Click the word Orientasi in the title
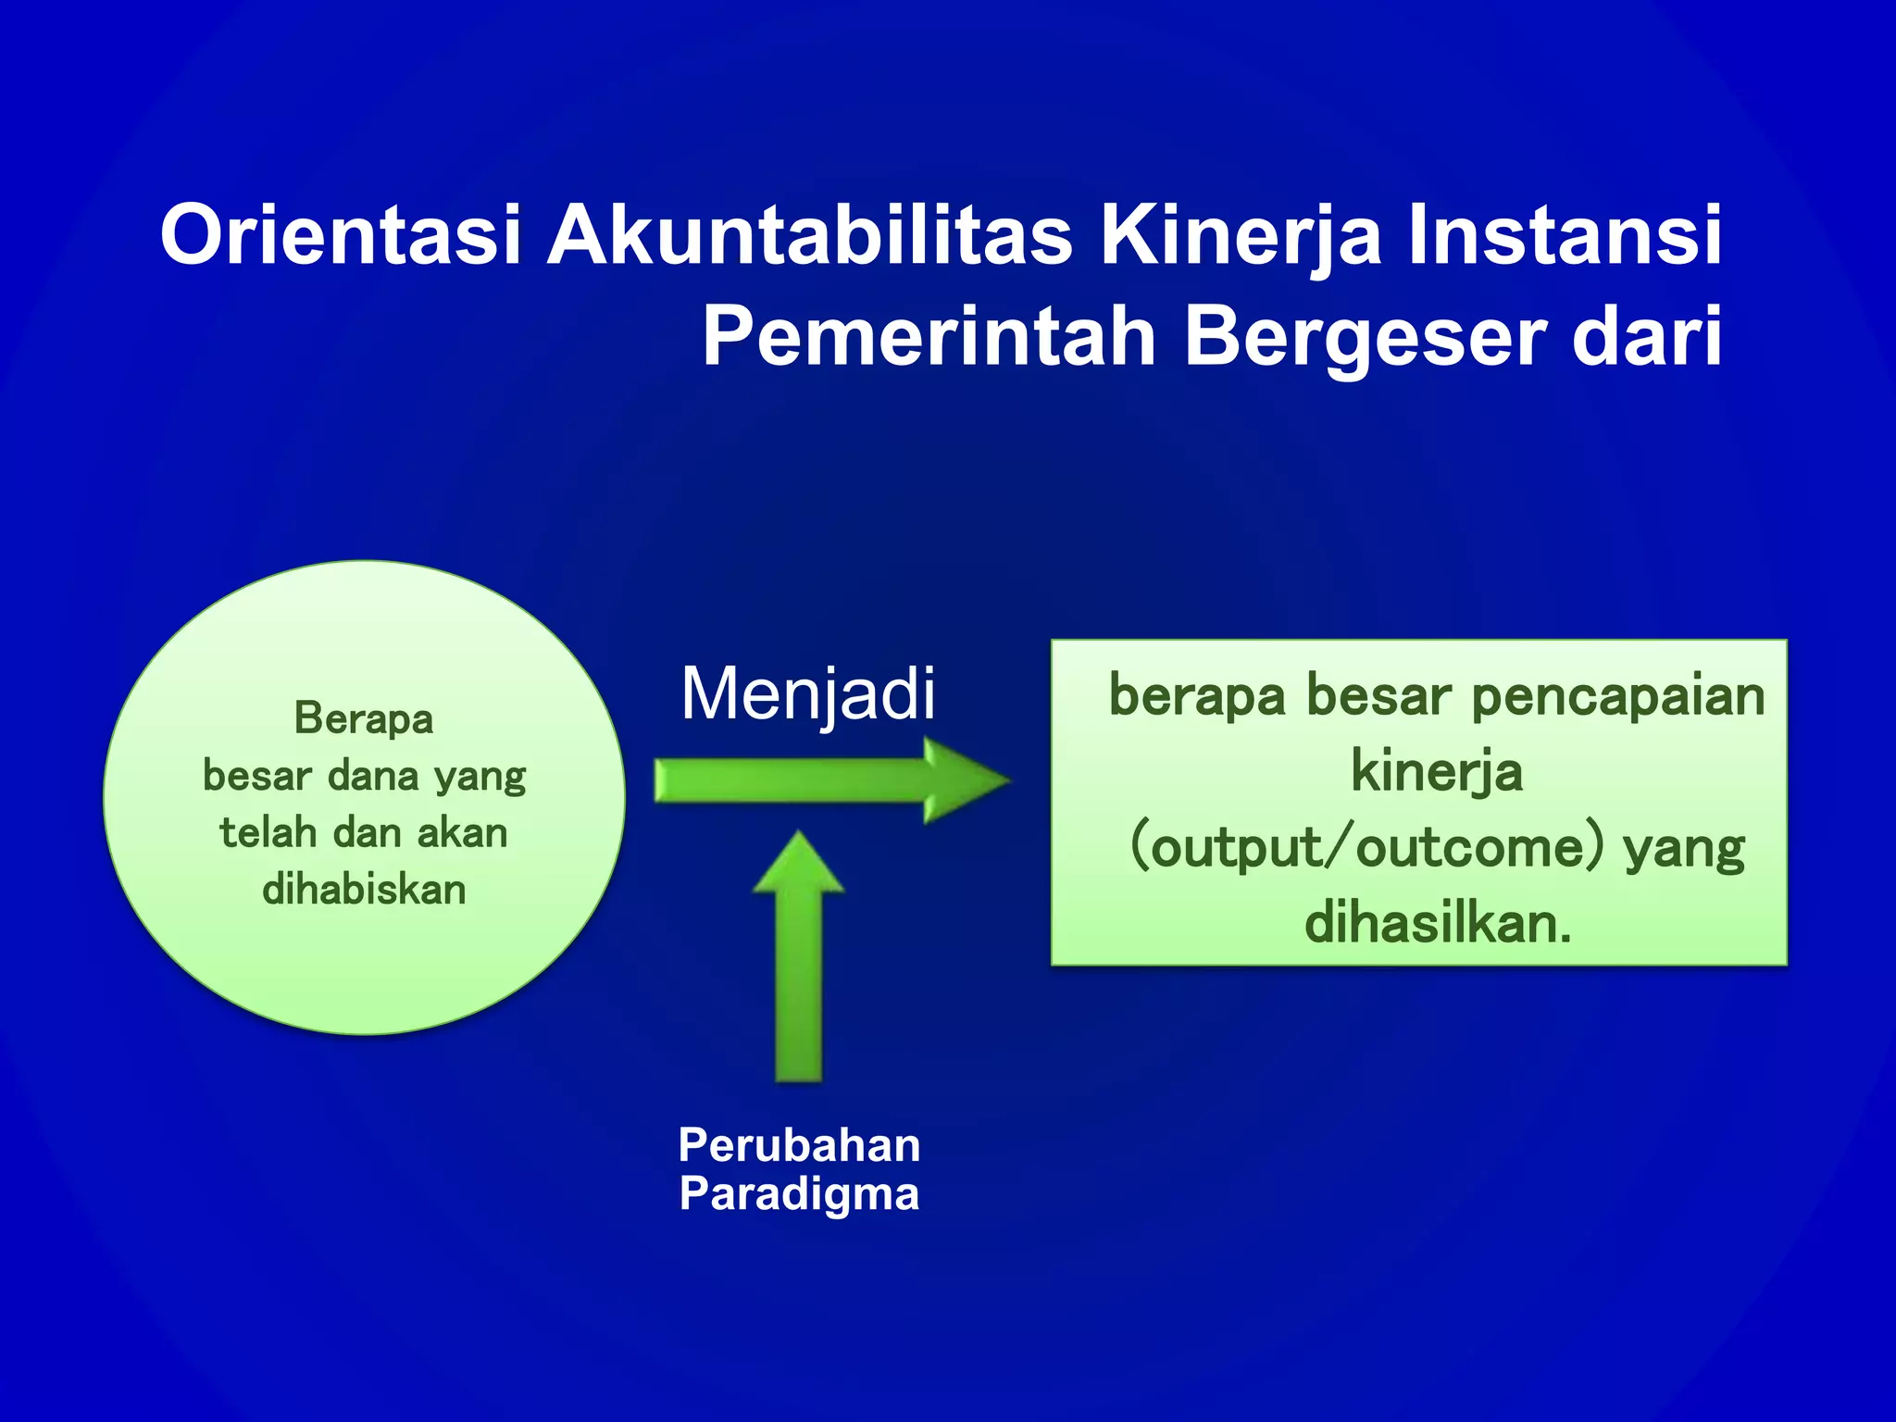[341, 236]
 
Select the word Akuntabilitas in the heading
[810, 236]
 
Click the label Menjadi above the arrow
[807, 694]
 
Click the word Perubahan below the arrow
[799, 1145]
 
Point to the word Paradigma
[799, 1194]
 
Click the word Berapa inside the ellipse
[364, 719]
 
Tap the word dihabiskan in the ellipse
[364, 890]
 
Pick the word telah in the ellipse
[268, 833]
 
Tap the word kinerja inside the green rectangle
[1436, 772]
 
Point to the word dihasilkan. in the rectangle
[1438, 924]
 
